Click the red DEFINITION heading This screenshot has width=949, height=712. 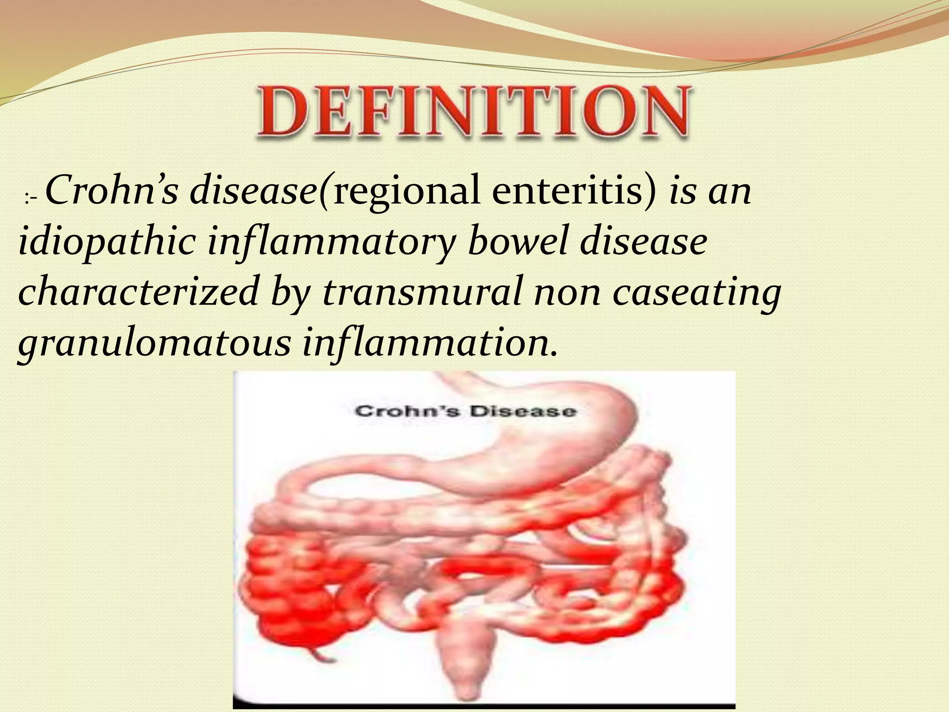click(473, 111)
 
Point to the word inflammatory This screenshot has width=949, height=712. click(329, 243)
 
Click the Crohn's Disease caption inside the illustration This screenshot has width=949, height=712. click(466, 411)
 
